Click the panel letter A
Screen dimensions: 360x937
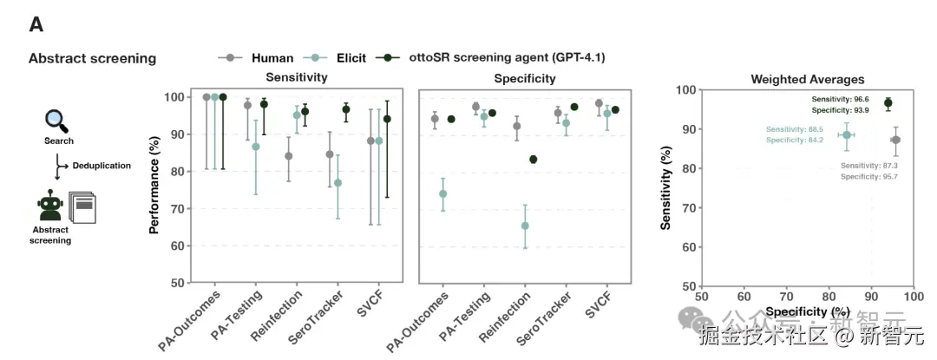36,24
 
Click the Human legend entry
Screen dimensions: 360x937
271,58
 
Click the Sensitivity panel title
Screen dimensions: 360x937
296,77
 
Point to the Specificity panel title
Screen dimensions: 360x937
525,78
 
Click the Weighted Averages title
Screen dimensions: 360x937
795,80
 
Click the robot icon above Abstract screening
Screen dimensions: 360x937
50,206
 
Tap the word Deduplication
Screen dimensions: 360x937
102,165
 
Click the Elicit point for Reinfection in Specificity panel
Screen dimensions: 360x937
524,226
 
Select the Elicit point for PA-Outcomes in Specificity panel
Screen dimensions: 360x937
442,193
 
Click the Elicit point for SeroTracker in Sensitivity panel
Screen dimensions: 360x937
337,183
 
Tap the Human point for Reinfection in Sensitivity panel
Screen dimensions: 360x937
288,156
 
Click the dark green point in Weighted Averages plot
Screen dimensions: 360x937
888,103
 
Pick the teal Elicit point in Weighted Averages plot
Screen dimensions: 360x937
846,135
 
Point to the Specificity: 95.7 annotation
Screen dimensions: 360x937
868,177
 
